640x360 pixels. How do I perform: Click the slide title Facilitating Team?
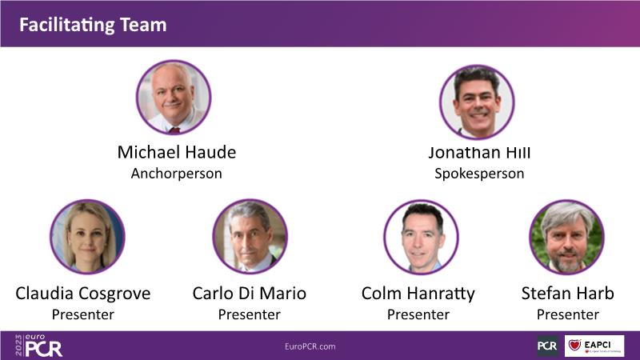point(93,25)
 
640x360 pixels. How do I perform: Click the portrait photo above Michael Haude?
point(174,97)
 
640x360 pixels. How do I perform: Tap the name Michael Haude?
point(177,152)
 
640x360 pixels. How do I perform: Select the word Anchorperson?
point(176,174)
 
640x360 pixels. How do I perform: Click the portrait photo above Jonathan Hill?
point(477,102)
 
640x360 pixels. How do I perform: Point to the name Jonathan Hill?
point(479,153)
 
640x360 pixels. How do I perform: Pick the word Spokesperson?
point(479,174)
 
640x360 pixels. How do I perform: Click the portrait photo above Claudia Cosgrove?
point(87,237)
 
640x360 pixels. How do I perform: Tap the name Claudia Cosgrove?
point(83,294)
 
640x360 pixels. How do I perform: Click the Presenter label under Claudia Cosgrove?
point(83,314)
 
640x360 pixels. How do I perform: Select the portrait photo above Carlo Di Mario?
point(250,236)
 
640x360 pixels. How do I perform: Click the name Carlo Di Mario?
point(250,294)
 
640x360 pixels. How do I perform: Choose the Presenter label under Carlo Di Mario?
point(250,314)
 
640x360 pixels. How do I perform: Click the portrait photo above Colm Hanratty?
point(421,237)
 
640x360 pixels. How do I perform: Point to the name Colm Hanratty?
point(418,294)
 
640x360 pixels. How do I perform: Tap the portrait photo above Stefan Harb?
point(566,237)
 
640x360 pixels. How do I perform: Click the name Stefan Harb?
point(568,294)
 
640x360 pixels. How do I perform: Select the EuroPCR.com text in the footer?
point(310,346)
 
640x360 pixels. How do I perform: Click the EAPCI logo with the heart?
point(594,346)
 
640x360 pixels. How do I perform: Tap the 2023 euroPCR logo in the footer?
point(38,346)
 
